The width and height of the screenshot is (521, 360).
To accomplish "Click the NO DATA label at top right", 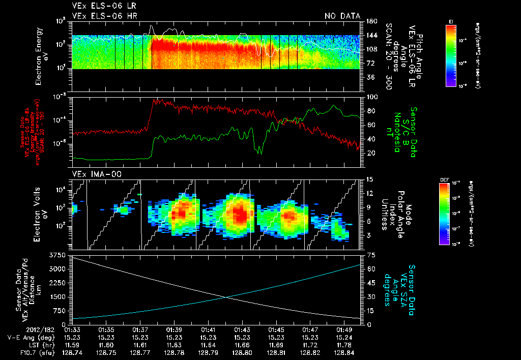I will [342, 16].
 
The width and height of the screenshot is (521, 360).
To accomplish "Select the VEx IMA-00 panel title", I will [92, 174].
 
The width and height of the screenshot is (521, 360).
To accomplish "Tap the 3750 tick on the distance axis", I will [60, 254].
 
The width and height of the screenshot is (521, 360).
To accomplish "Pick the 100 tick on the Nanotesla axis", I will [372, 97].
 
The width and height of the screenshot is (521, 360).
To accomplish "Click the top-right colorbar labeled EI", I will [451, 54].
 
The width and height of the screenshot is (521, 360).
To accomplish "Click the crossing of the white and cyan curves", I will [224, 297].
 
